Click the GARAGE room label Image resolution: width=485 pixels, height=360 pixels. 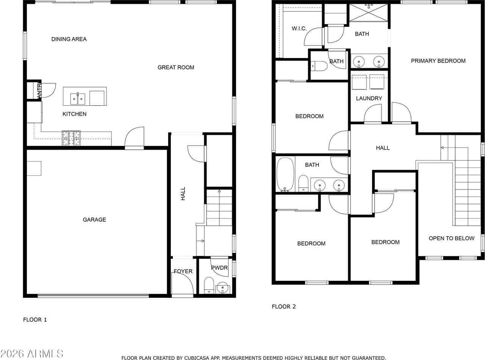click(94, 220)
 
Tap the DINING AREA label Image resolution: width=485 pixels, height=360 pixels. click(69, 39)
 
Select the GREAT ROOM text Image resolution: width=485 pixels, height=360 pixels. click(176, 67)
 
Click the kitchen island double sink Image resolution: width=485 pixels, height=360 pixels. click(78, 99)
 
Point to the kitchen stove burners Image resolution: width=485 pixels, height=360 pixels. click(71, 138)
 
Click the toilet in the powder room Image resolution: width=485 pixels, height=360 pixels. click(209, 285)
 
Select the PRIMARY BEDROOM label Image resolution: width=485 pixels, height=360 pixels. click(438, 61)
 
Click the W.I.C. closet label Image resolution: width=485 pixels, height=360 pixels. click(299, 28)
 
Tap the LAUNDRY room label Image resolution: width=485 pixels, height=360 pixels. click(369, 99)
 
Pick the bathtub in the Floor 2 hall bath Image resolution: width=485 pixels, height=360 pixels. click(285, 174)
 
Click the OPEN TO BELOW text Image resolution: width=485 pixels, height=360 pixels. click(451, 238)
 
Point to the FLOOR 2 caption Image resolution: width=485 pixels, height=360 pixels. click(283, 307)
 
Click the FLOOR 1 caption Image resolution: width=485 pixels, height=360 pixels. click(35, 319)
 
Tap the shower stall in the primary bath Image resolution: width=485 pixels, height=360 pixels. click(368, 13)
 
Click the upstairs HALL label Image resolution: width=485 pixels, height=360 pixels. click(383, 148)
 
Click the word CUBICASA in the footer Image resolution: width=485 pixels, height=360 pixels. click(199, 358)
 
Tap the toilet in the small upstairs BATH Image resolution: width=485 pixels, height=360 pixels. click(319, 66)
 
